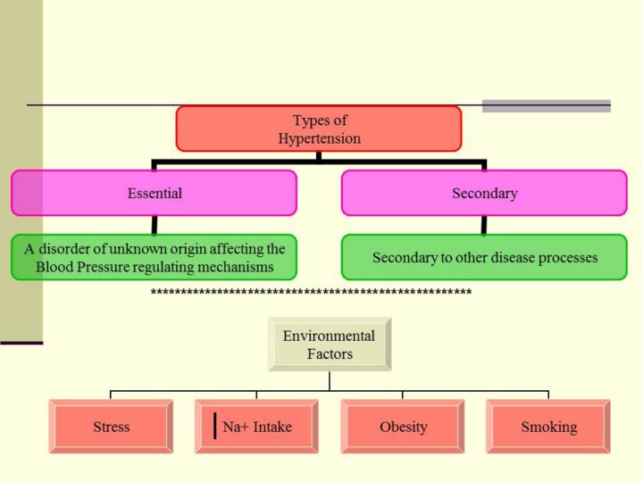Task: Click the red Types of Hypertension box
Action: pos(319,129)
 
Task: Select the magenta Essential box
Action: pos(154,193)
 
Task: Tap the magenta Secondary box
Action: pos(484,193)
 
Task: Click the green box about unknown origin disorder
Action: pos(154,257)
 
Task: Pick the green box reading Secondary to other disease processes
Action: pos(484,257)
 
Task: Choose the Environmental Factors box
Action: pos(329,345)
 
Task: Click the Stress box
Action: pos(111,427)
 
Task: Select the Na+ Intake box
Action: pos(256,427)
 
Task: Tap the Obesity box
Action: pos(402,427)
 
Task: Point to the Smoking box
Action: pos(548,427)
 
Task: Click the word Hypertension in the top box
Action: pos(319,138)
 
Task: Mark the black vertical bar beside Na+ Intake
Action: pos(215,427)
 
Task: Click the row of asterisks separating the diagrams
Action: pos(311,293)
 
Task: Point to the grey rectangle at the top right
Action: pos(546,105)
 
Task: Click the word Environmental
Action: pos(329,337)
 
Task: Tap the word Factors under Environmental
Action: pos(329,354)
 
